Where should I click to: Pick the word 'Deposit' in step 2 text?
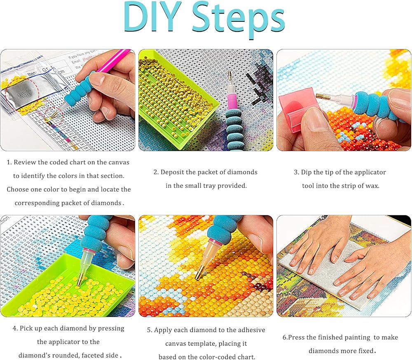pyautogui.click(x=172, y=173)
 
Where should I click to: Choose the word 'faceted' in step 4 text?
pyautogui.click(x=94, y=355)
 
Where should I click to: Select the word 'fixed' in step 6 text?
pyautogui.click(x=367, y=351)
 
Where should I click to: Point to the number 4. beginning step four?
pyautogui.click(x=15, y=328)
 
